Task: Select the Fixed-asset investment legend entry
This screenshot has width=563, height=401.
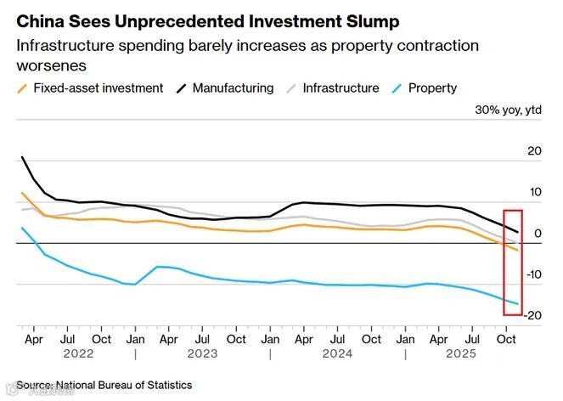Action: point(98,88)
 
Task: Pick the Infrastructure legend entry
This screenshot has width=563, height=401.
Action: point(341,88)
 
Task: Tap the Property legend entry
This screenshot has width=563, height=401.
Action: point(432,88)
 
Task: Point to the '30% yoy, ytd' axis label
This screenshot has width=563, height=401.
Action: point(508,110)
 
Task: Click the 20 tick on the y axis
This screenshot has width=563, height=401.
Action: point(534,151)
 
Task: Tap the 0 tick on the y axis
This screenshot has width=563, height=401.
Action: point(538,234)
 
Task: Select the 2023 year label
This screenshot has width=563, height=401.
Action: point(202,353)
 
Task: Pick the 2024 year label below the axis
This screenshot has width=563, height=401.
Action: point(338,353)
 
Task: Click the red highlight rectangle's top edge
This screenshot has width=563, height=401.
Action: point(513,210)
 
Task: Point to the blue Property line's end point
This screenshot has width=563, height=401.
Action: point(518,303)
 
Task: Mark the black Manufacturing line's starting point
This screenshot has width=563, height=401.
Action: point(22,157)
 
